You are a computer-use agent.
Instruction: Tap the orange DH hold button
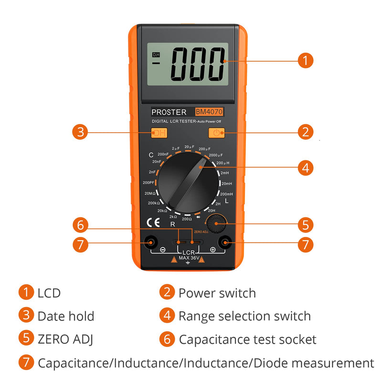click(x=159, y=133)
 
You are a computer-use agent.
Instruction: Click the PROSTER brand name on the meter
click(x=169, y=112)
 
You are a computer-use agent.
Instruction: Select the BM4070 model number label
click(x=209, y=112)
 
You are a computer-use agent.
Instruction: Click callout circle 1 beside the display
click(x=306, y=61)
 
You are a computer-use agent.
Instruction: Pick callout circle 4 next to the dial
click(x=306, y=168)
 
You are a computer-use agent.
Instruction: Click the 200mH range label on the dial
click(x=226, y=194)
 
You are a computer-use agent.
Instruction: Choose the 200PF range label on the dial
click(x=148, y=182)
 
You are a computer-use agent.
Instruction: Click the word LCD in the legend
click(x=49, y=293)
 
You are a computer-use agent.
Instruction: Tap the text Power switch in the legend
click(x=217, y=293)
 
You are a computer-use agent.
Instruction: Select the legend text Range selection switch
click(x=244, y=316)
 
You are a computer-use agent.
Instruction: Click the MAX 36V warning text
click(x=188, y=258)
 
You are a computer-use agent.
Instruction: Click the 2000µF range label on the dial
click(x=216, y=155)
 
